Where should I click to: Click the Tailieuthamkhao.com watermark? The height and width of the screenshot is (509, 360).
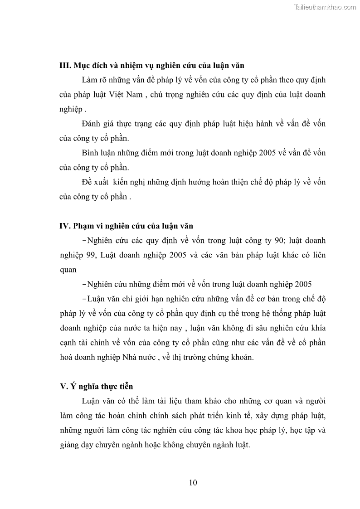point(325,7)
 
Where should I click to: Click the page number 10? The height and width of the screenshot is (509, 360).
point(193,483)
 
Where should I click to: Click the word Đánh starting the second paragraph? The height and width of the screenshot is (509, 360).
point(92,124)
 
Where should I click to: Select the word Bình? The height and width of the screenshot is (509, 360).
point(92,153)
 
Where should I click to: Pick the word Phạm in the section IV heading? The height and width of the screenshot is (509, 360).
point(87,225)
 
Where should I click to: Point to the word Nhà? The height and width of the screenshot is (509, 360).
point(131,357)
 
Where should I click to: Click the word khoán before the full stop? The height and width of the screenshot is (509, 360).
point(240,357)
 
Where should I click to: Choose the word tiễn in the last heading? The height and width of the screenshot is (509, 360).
point(124,387)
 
